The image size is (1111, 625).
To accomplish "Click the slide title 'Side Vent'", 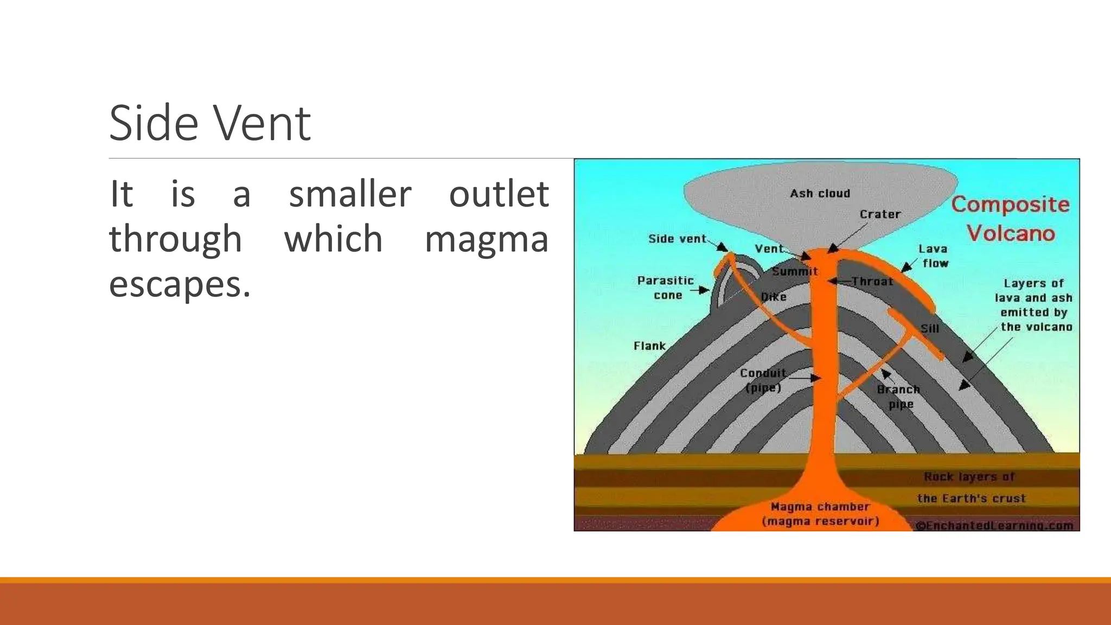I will tap(210, 123).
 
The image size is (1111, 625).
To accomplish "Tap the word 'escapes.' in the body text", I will tap(180, 284).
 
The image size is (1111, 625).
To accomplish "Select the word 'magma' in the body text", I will tap(487, 239).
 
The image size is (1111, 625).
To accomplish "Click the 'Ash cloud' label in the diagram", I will tap(820, 194).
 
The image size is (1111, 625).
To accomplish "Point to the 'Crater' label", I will tap(880, 214).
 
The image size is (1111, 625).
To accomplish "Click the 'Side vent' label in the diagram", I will tap(677, 239).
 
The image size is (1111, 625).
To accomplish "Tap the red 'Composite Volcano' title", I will tap(1011, 219).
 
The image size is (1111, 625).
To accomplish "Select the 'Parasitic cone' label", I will tap(666, 288).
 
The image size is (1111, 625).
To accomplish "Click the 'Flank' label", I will tap(649, 346).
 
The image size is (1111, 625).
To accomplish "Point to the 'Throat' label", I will tap(872, 281).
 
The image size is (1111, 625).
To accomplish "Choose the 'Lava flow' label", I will tap(934, 256).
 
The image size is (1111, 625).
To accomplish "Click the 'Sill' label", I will tap(929, 328).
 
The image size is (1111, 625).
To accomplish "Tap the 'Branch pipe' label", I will tap(899, 397).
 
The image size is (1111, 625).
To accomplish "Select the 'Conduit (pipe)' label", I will tap(763, 380).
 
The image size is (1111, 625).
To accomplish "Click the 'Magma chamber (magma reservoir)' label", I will tap(820, 514).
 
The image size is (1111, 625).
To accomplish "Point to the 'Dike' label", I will tap(774, 297).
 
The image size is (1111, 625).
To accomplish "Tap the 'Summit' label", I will tap(795, 271).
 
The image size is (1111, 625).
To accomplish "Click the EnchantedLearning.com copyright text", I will tap(994, 525).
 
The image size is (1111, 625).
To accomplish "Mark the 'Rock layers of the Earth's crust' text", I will tap(970, 487).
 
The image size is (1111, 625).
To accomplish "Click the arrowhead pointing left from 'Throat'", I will tap(832, 281).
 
